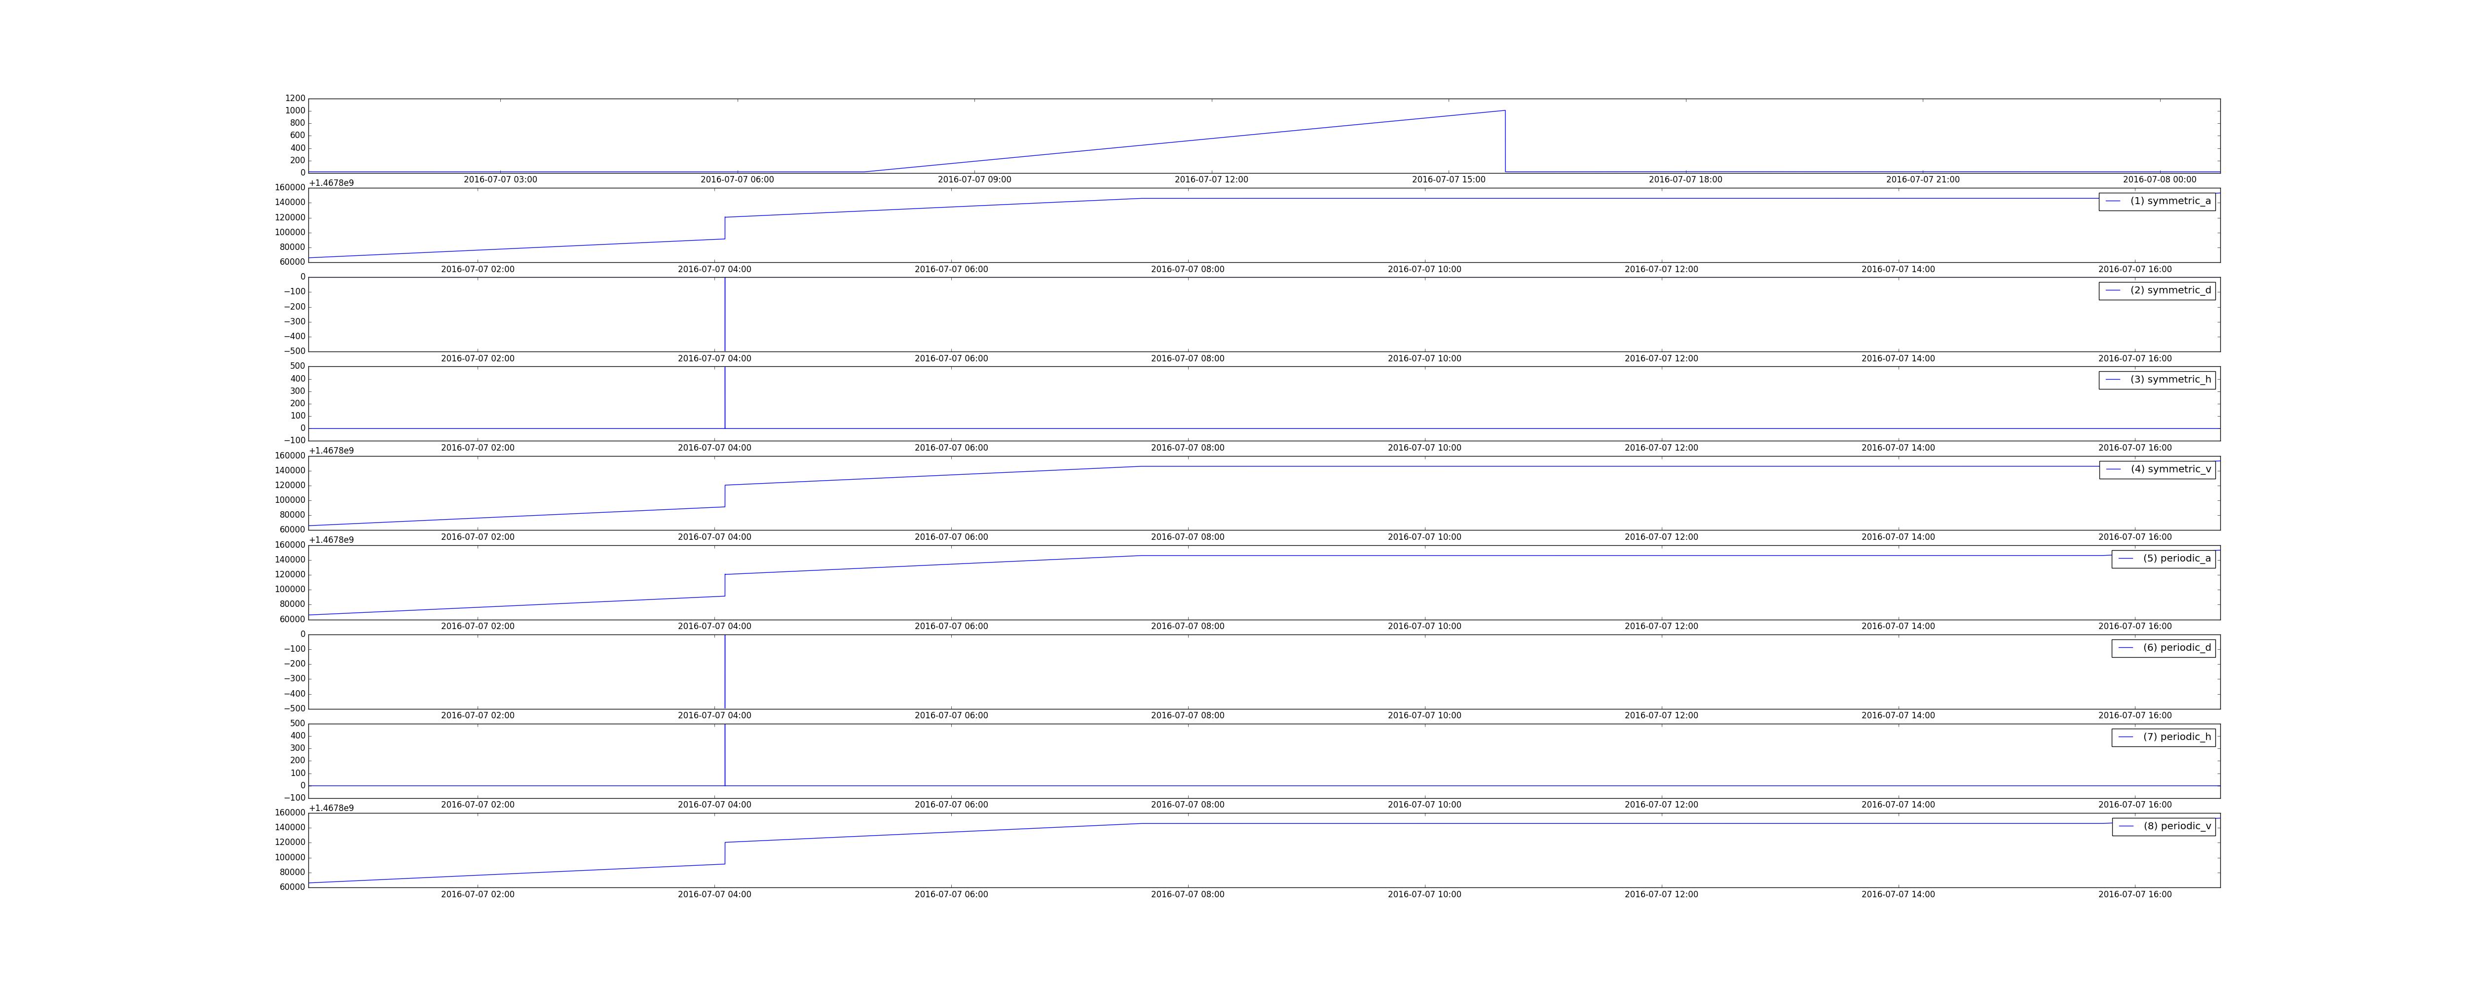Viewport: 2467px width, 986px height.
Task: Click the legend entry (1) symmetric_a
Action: (2157, 201)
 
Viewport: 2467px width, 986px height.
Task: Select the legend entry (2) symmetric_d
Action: (2157, 290)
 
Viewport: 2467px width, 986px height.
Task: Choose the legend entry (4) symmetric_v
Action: (2157, 469)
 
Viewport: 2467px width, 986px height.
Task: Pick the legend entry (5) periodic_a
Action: (2164, 558)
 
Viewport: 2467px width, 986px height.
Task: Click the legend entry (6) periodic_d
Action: (2164, 648)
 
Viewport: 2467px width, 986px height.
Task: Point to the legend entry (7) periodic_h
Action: (2164, 737)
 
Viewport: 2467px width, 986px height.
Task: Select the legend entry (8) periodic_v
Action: (2164, 826)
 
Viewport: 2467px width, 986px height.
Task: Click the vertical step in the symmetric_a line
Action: (725, 228)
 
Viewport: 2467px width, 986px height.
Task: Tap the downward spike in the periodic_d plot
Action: (725, 671)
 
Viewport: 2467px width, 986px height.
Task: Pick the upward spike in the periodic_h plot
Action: (725, 754)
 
